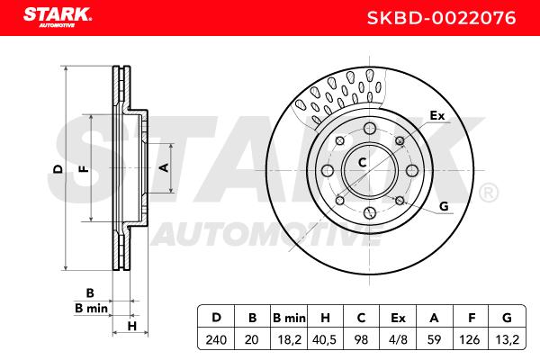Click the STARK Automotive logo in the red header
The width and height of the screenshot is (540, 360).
pyautogui.click(x=58, y=17)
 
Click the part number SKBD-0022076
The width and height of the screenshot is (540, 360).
pyautogui.click(x=441, y=18)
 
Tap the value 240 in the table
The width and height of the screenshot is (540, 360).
pyautogui.click(x=216, y=339)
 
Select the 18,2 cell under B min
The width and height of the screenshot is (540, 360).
pyautogui.click(x=289, y=339)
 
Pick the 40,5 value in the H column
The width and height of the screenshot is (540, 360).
pyautogui.click(x=324, y=339)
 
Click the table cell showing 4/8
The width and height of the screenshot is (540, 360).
pyautogui.click(x=398, y=339)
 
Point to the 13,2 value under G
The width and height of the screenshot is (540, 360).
pyautogui.click(x=508, y=339)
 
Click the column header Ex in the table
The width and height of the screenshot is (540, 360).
pyautogui.click(x=398, y=318)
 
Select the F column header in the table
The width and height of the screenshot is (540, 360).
pyautogui.click(x=472, y=318)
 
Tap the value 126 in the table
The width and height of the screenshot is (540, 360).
pyautogui.click(x=470, y=339)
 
